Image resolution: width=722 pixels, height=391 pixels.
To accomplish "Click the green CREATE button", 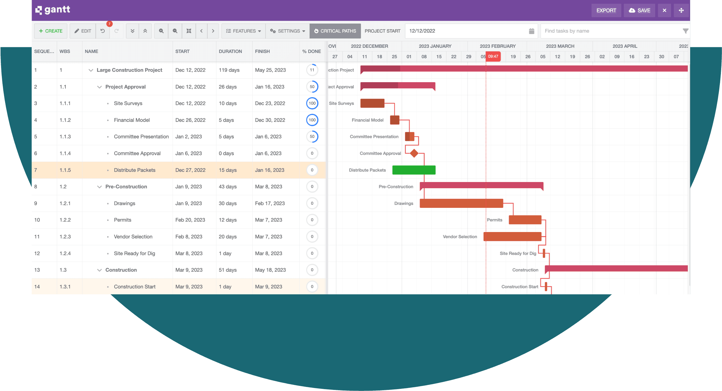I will tap(50, 31).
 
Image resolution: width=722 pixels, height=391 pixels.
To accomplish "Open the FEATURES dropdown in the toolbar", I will tap(243, 31).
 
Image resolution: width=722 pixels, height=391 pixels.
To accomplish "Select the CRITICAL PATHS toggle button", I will tap(335, 31).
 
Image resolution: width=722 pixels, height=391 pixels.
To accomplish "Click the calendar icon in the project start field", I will tap(531, 31).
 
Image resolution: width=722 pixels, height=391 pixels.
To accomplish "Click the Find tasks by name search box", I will tap(611, 31).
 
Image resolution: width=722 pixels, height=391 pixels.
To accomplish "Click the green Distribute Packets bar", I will tap(414, 170).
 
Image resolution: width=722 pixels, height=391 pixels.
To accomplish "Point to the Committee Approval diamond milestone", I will tap(414, 153).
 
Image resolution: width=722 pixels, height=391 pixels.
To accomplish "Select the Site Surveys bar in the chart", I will tap(372, 103).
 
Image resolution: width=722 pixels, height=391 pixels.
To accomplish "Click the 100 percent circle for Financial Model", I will tap(312, 120).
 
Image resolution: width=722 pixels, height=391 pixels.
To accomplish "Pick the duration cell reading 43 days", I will tap(228, 187).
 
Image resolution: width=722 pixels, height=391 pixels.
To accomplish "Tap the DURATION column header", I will tap(230, 51).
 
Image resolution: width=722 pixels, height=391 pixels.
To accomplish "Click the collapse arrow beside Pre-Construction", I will tap(99, 187).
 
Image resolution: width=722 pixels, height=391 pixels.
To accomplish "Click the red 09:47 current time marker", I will tap(493, 56).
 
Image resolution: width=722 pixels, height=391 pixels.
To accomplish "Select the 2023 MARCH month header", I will tap(560, 46).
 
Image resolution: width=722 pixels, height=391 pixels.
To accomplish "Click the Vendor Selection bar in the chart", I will tap(512, 236).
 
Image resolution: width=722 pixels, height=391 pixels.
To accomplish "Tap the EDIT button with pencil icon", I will tap(83, 31).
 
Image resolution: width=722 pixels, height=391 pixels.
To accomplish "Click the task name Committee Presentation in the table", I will tap(141, 137).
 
